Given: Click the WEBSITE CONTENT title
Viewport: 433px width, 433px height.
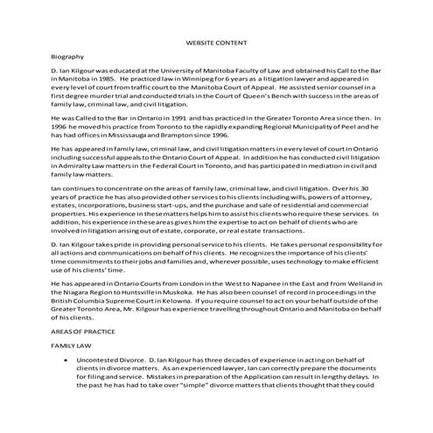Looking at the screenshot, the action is tap(217, 42).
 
